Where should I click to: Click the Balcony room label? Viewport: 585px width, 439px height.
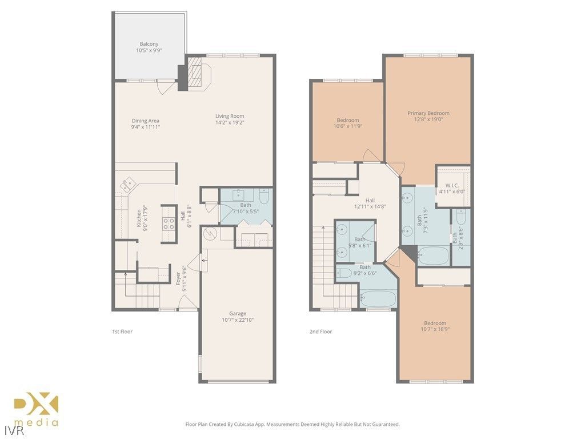tap(149, 47)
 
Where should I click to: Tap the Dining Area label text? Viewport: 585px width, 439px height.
tap(145, 123)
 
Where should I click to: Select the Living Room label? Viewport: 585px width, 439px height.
tap(230, 119)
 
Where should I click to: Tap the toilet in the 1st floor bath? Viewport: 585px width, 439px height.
tap(264, 197)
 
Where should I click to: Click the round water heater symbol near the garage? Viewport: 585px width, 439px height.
tap(209, 234)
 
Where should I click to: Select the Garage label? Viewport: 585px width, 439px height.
tap(238, 316)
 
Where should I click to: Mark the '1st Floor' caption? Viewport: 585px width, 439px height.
tap(122, 332)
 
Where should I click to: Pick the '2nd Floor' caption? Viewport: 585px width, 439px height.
tap(320, 332)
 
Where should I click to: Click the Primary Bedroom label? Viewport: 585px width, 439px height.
tap(428, 116)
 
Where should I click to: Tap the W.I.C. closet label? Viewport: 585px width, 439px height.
tap(452, 188)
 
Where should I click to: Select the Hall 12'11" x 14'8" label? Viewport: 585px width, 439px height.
tap(370, 203)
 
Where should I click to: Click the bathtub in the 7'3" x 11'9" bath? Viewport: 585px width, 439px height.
tap(434, 256)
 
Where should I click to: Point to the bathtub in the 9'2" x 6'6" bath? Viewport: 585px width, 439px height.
tap(378, 298)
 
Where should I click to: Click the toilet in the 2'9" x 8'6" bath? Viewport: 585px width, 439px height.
tap(462, 216)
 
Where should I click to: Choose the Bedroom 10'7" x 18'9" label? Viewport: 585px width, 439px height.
tap(433, 326)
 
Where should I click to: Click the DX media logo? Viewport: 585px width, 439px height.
tap(36, 409)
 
